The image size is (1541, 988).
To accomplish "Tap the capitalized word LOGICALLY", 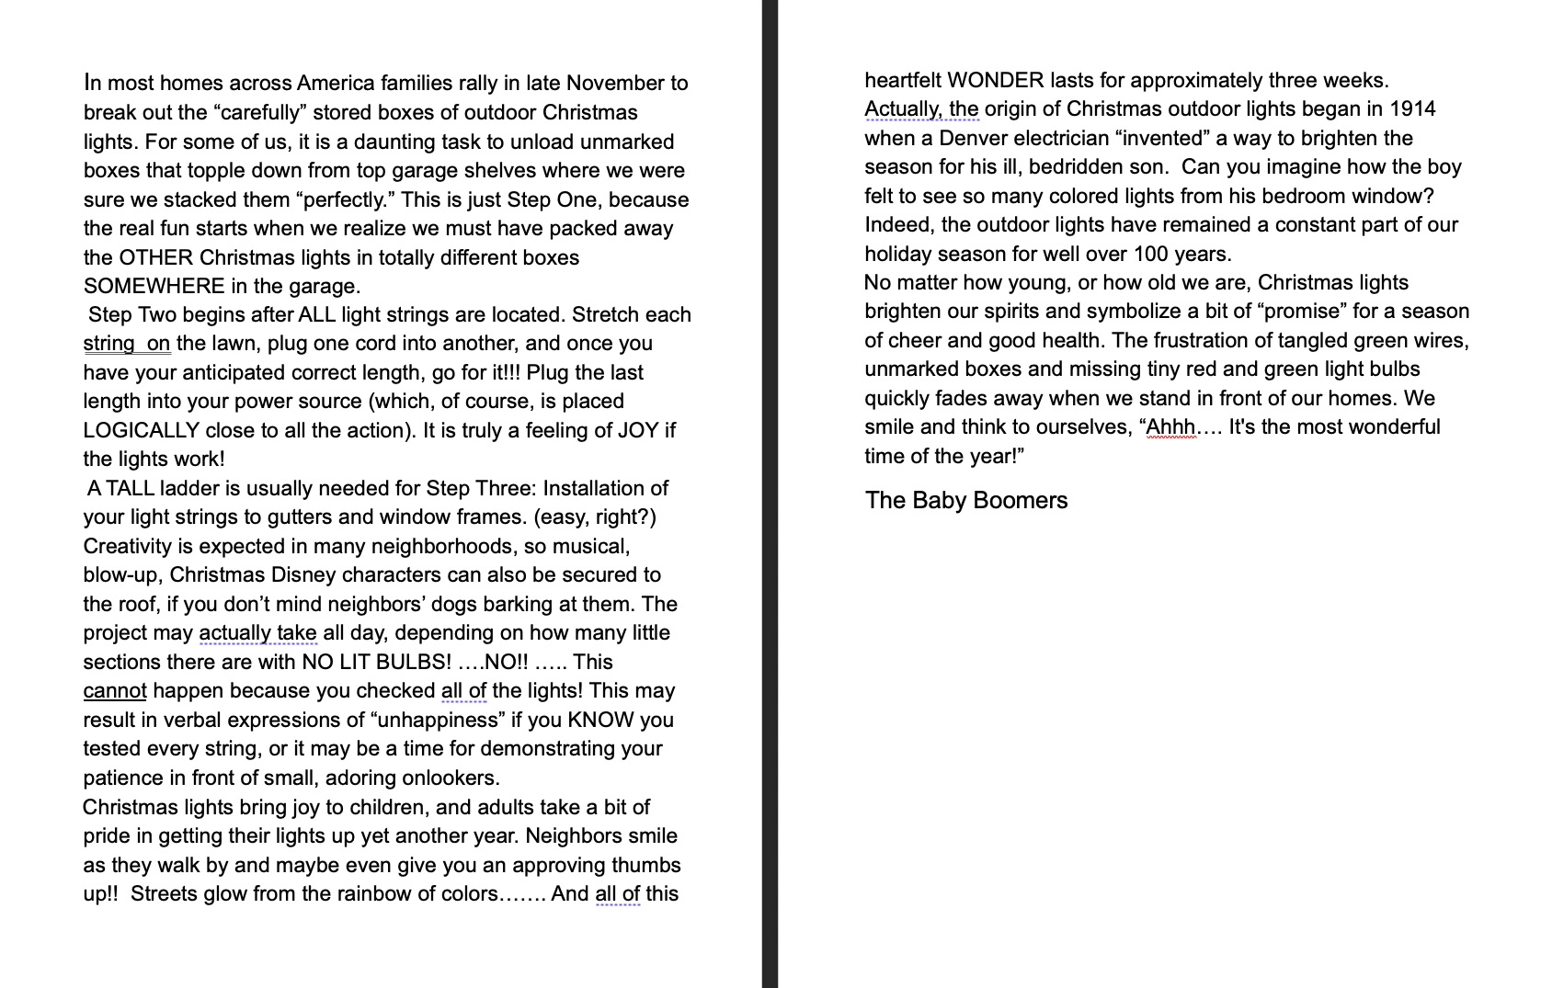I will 141,430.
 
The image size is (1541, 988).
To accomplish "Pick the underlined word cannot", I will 114,691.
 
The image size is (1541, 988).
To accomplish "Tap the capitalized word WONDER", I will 995,80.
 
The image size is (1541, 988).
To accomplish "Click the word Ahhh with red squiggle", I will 1170,427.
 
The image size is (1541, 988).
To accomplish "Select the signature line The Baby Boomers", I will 965,501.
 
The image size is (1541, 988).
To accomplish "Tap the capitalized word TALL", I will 130,488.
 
